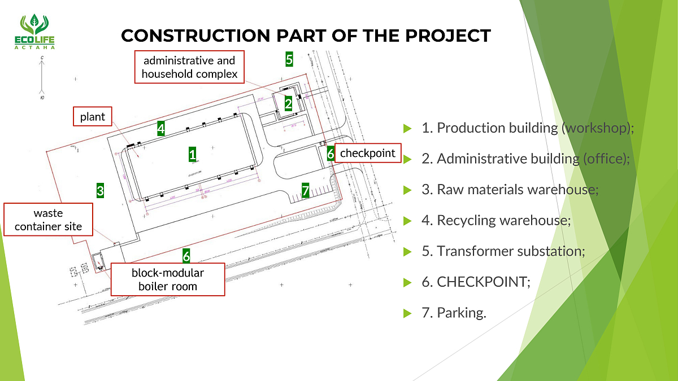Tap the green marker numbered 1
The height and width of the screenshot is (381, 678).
(x=193, y=154)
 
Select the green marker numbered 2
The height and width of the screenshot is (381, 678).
(x=288, y=103)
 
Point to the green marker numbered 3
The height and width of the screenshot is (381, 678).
(x=100, y=190)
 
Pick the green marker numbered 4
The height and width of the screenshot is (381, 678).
(x=161, y=129)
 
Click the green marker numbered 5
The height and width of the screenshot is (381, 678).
(x=289, y=59)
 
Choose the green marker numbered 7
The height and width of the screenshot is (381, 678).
(x=305, y=191)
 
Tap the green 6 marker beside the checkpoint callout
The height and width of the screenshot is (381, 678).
(x=331, y=153)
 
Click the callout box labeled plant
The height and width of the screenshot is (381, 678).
(x=93, y=117)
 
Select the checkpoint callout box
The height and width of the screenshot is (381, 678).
(x=368, y=153)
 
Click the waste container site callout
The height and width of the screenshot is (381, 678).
(x=48, y=220)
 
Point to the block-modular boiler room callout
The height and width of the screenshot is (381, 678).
(x=168, y=279)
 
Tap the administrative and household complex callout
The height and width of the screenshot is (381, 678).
(x=189, y=67)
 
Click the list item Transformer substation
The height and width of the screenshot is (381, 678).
(x=502, y=251)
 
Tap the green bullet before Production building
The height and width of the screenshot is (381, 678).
(x=407, y=129)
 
